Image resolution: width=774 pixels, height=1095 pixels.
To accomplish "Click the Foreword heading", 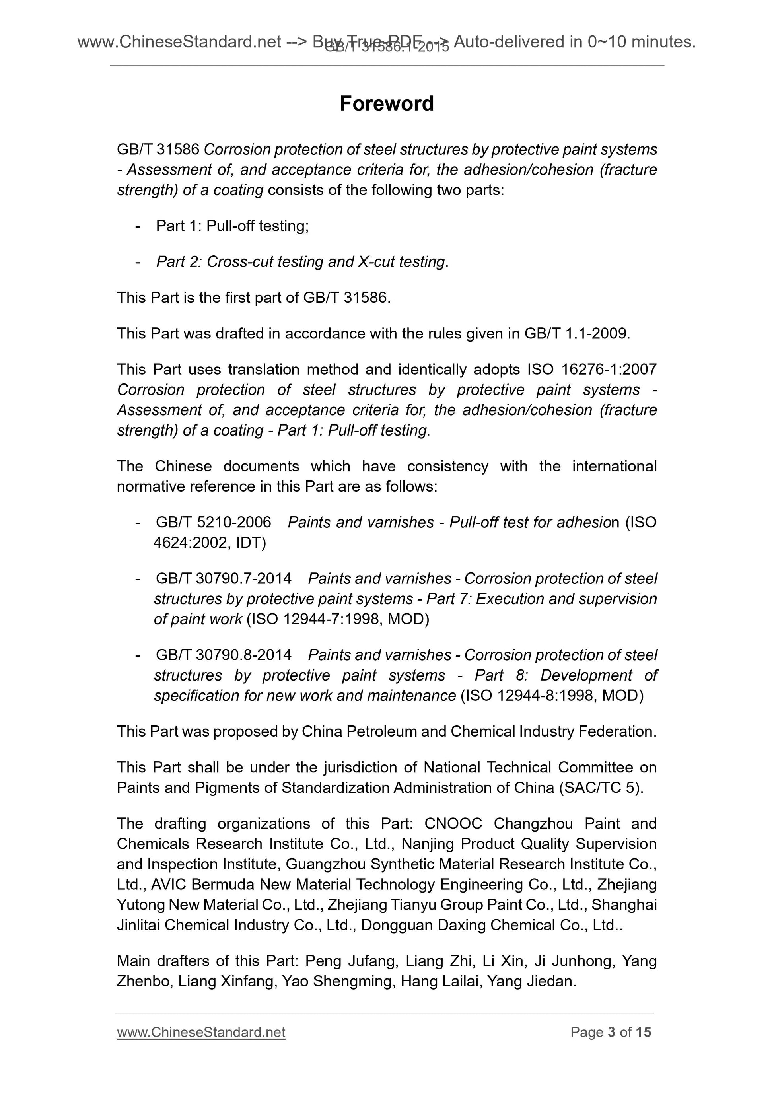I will pyautogui.click(x=386, y=103).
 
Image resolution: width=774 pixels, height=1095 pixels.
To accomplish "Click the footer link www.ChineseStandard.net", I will pyautogui.click(x=201, y=1032).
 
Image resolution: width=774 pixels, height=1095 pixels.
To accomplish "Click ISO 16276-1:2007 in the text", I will pyautogui.click(x=592, y=369).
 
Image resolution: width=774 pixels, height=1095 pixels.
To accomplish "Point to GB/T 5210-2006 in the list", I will pyautogui.click(x=213, y=522).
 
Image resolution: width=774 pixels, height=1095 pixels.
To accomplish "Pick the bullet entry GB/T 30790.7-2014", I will pyautogui.click(x=223, y=578).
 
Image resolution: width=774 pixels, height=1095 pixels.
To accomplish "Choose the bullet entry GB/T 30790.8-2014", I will pyautogui.click(x=223, y=655).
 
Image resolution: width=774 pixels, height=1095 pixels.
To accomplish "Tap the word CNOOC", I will pyautogui.click(x=453, y=824).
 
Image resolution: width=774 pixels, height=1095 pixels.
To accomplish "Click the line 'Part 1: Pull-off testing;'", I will pyautogui.click(x=232, y=226).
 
